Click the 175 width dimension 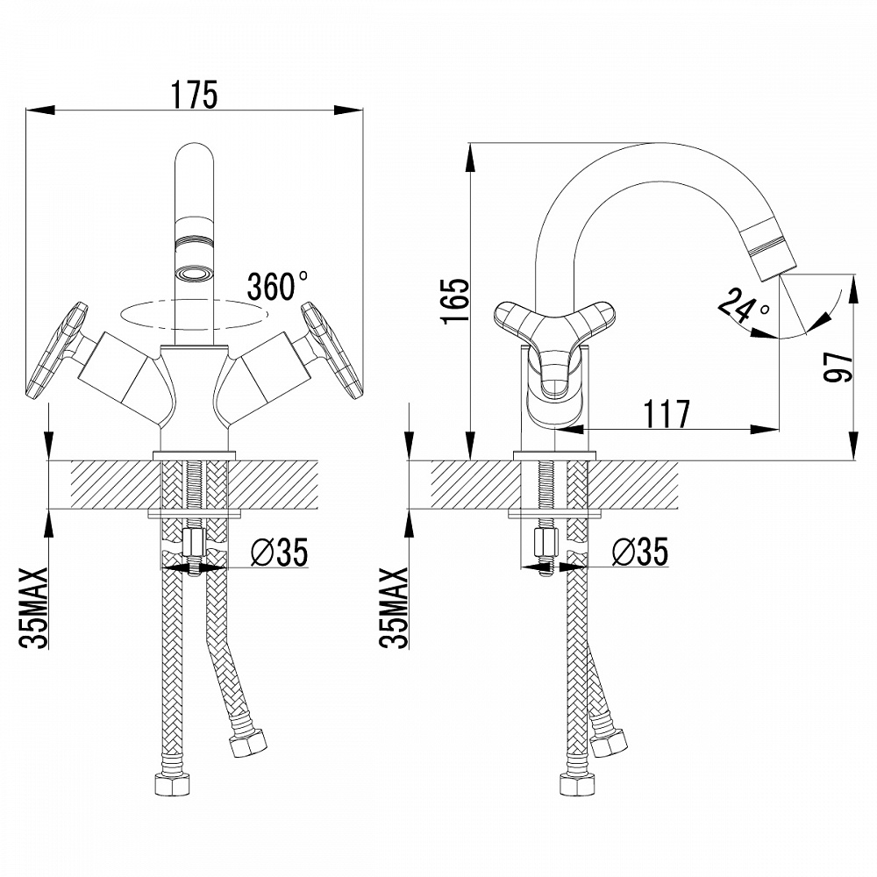point(194,95)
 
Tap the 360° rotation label point(277,286)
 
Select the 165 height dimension point(454,301)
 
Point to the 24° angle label point(743,308)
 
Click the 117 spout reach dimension point(667,414)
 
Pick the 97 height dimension point(838,367)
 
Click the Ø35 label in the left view point(279,552)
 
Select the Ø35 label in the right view point(640,552)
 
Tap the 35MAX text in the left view point(34,608)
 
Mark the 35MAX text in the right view point(394,608)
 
